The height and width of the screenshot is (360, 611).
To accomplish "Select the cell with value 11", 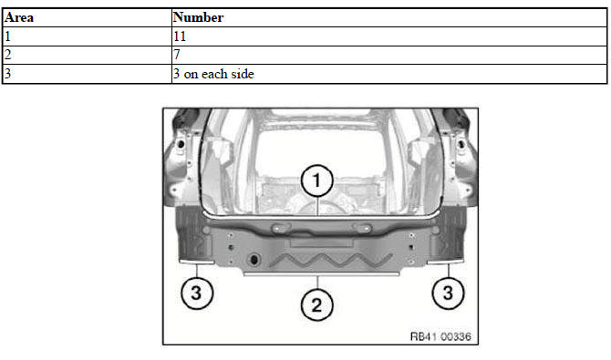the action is [x=389, y=36].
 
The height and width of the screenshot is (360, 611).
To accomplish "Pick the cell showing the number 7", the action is [x=389, y=55].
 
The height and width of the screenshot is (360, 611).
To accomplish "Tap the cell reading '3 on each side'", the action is [x=389, y=74].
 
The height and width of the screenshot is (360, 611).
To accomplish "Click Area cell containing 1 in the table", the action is [x=87, y=36].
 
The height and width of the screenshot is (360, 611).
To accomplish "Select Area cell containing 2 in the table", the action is [x=87, y=55].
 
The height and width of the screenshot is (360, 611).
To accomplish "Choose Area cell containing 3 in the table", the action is [x=87, y=74].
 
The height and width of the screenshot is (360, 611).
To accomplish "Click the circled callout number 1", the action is [x=316, y=180].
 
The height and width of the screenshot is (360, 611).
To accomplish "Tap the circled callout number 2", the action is [x=316, y=304].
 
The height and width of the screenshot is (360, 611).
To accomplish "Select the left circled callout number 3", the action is [x=197, y=293].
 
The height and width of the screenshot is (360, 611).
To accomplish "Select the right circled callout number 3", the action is [x=448, y=293].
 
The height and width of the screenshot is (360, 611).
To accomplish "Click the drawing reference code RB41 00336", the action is [x=440, y=336].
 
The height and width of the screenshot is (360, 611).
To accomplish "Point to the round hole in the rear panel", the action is [x=254, y=259].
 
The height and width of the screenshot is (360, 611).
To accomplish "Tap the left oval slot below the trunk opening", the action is [x=282, y=227].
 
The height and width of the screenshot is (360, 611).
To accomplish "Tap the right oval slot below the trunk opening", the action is [x=361, y=227].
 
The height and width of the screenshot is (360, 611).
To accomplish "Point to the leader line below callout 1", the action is [x=318, y=206].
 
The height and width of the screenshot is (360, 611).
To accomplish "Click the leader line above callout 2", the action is [x=317, y=283].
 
